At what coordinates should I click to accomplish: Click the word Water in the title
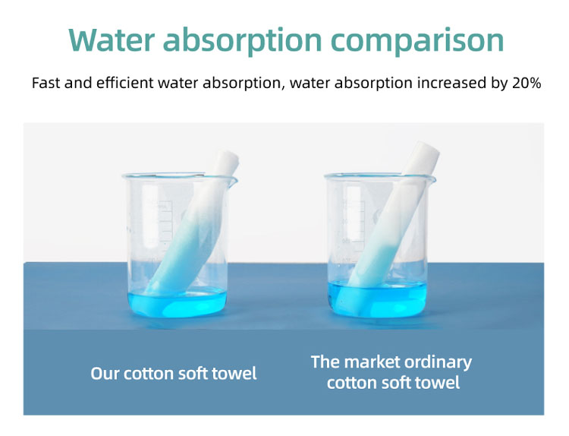(112, 39)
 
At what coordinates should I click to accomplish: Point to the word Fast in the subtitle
(46, 83)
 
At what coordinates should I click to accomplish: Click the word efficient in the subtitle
(125, 83)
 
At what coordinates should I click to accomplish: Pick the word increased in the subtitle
(452, 83)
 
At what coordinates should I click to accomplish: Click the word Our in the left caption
(105, 373)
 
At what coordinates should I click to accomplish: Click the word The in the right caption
(325, 362)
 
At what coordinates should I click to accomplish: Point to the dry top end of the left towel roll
(227, 160)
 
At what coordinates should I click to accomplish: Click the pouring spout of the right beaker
(432, 179)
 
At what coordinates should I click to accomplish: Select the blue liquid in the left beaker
(178, 305)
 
